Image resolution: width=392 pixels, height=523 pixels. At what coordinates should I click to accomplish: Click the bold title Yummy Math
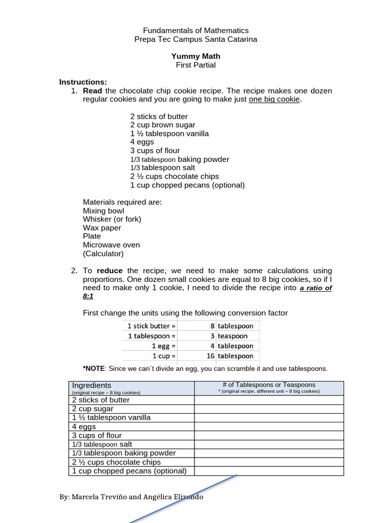coord(196,56)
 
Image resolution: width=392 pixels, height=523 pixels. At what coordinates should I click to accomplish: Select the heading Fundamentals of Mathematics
coord(196,31)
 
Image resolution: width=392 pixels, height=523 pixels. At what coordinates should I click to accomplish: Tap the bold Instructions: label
coord(83,82)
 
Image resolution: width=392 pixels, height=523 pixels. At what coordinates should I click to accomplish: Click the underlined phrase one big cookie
coord(275,99)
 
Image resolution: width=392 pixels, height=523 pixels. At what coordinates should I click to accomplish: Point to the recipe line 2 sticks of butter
coord(159,116)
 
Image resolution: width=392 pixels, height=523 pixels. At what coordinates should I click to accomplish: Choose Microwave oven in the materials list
coord(111,245)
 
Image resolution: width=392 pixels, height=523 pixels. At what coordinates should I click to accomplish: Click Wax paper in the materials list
coord(102,228)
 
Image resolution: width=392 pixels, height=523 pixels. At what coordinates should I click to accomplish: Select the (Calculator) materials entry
coord(103,253)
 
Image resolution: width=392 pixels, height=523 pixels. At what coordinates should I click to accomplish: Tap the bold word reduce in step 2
coord(110,271)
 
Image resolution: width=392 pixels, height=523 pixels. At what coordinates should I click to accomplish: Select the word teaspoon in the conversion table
coord(232,336)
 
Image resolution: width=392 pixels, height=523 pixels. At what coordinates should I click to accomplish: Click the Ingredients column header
coord(91,385)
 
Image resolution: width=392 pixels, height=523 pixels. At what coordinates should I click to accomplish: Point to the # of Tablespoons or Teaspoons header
coord(268,385)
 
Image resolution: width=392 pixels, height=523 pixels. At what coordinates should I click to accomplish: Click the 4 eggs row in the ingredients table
coord(84,426)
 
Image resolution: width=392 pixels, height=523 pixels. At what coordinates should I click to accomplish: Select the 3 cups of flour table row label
coord(97,435)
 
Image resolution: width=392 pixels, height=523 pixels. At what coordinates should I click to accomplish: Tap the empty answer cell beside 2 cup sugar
coord(268,409)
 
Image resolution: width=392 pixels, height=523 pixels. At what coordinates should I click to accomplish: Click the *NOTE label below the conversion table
coord(93,368)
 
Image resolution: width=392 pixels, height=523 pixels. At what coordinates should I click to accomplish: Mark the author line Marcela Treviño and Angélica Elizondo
coord(131,496)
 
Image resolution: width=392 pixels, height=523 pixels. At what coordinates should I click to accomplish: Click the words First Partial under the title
coord(196,65)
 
